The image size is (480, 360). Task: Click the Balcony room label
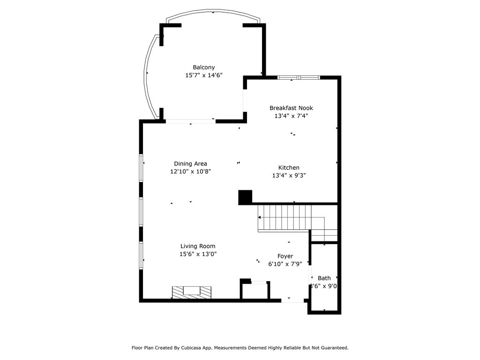(x=203, y=67)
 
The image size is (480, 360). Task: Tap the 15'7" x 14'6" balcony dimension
(x=203, y=75)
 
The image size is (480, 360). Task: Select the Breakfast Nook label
(x=291, y=108)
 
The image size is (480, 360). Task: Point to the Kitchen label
(x=289, y=168)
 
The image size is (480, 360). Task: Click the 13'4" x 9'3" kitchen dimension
(x=289, y=176)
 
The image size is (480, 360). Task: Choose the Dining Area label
(x=190, y=164)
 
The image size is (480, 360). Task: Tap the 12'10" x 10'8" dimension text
(x=190, y=172)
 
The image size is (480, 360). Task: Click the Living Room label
(x=198, y=246)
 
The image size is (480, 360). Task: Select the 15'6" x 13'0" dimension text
(x=198, y=254)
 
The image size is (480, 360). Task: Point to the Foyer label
(x=285, y=256)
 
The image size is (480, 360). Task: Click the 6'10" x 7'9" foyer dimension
(x=285, y=264)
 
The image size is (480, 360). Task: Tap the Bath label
(x=324, y=278)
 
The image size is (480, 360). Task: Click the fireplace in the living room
(x=192, y=292)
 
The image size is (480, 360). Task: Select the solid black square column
(x=245, y=197)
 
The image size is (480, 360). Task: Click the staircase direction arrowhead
(x=259, y=217)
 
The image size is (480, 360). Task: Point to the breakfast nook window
(x=299, y=77)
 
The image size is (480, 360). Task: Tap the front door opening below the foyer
(x=292, y=300)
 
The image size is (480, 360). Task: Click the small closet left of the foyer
(x=255, y=291)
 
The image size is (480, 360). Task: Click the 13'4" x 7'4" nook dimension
(x=291, y=116)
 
